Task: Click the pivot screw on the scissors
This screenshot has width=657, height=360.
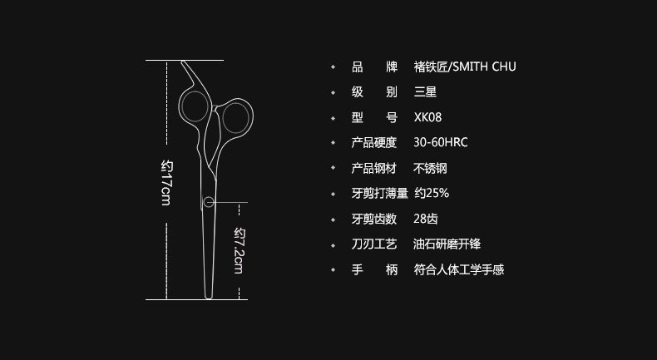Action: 208,202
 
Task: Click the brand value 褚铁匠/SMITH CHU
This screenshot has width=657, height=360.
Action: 465,67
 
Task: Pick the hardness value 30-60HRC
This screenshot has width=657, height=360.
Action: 441,143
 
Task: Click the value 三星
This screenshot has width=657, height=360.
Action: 426,92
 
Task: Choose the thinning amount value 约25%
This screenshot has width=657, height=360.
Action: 432,194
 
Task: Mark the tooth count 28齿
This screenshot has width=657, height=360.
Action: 426,219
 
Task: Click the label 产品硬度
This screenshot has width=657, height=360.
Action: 375,143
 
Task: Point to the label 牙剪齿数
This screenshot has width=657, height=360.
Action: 375,219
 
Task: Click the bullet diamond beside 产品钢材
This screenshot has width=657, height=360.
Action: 333,169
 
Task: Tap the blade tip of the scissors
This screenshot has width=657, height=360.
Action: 209,295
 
